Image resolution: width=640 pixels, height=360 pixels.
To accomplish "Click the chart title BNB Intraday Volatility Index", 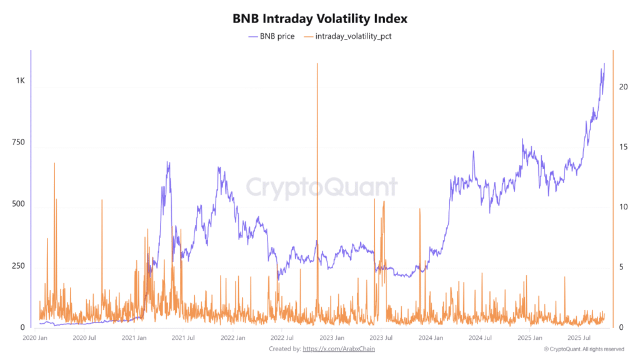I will (319, 18).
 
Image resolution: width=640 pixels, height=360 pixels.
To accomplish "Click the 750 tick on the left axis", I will (18, 143).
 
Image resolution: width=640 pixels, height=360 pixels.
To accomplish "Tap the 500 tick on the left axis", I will (18, 204).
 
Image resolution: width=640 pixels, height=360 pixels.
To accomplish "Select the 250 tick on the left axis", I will (18, 266).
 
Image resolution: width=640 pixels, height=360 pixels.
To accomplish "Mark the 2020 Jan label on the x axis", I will (36, 338).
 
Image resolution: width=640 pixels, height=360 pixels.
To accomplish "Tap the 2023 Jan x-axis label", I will (331, 338).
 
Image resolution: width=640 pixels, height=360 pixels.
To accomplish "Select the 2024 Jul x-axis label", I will (479, 338).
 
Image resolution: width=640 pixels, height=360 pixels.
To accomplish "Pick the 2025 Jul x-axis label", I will (577, 338).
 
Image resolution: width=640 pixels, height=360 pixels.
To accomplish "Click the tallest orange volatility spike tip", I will (317, 64).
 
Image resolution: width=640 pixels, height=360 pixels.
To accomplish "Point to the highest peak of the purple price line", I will (604, 64).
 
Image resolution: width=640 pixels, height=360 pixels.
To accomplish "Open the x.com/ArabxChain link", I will (339, 349).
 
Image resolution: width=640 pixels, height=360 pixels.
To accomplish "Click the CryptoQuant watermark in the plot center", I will (321, 187).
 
